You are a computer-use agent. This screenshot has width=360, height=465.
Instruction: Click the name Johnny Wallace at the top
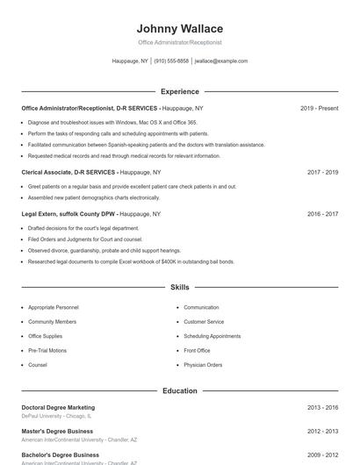(x=180, y=29)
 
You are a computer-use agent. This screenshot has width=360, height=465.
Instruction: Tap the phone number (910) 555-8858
(x=171, y=61)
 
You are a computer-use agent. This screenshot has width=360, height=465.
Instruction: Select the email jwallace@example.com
(x=221, y=61)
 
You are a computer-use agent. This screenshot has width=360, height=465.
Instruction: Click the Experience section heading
(x=180, y=91)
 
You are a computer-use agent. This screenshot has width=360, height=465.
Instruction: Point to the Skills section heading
(x=180, y=287)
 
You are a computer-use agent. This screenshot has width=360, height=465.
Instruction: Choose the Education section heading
(x=180, y=390)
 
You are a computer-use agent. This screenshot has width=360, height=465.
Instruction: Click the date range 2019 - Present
(x=319, y=108)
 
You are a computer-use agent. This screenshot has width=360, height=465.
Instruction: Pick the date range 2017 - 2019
(x=322, y=173)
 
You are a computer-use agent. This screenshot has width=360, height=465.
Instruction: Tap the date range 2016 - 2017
(x=322, y=213)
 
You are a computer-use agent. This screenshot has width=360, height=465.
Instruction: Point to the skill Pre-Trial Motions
(x=47, y=350)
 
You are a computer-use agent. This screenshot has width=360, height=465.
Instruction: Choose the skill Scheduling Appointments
(x=212, y=336)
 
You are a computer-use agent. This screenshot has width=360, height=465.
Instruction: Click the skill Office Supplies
(x=46, y=336)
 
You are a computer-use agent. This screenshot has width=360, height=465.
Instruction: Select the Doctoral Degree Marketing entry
(x=58, y=408)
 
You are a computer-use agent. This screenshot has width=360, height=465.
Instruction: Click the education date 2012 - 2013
(x=322, y=432)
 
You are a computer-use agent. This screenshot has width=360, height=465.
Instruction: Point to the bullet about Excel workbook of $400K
(x=131, y=261)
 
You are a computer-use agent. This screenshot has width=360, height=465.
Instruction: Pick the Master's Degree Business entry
(x=57, y=432)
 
